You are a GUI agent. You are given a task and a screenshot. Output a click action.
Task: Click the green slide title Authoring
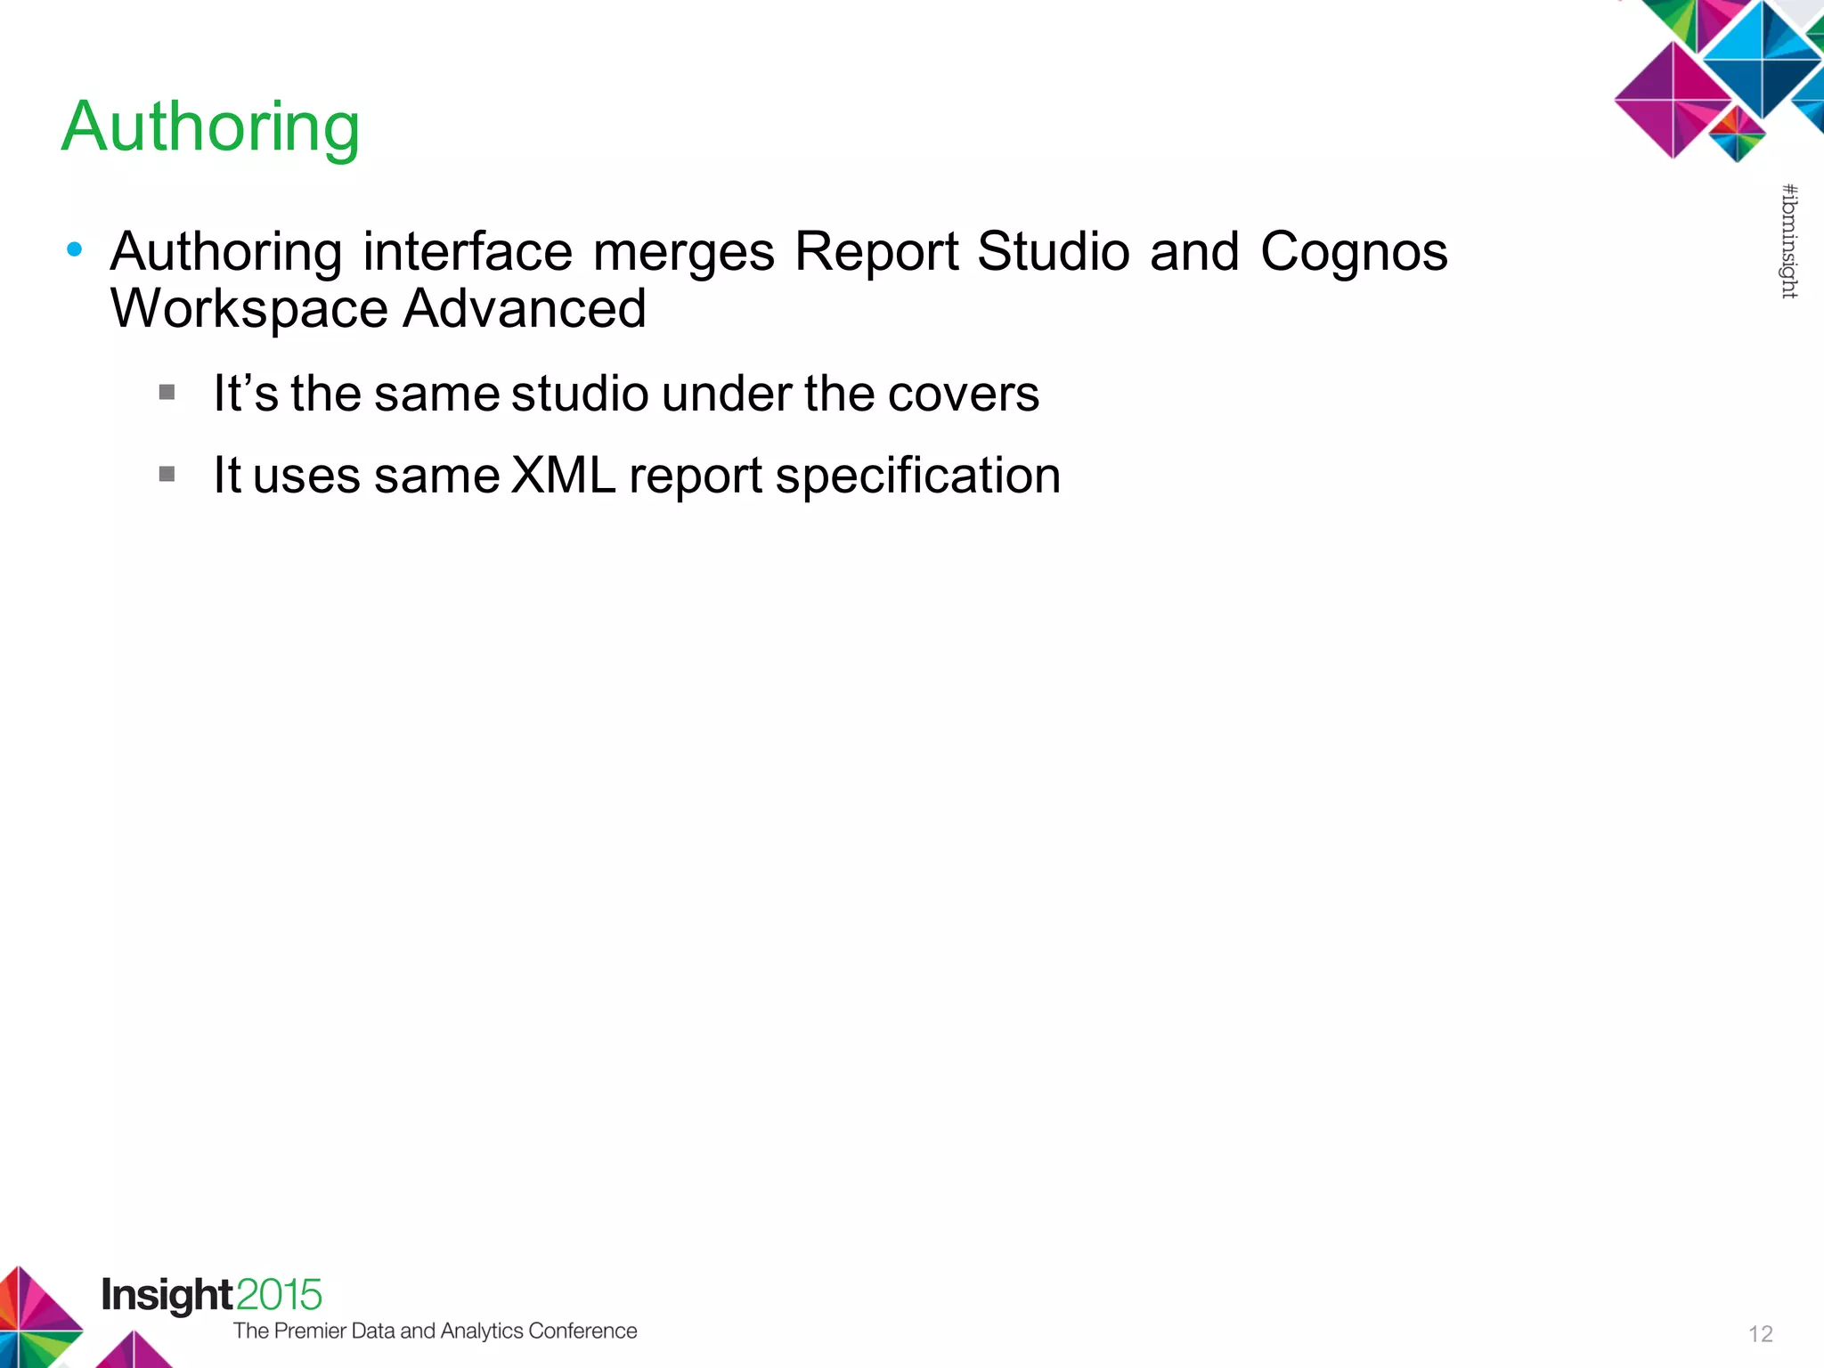[211, 127]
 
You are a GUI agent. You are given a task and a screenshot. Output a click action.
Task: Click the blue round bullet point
[75, 249]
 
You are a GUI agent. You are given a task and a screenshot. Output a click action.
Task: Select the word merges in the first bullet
[684, 252]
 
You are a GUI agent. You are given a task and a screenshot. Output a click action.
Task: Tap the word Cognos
[1354, 252]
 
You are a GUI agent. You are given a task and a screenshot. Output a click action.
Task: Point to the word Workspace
[249, 309]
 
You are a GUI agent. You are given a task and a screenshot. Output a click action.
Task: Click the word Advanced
[525, 308]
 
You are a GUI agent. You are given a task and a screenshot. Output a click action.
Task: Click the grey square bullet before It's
[167, 392]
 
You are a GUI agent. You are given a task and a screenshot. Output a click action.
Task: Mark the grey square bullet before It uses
[167, 474]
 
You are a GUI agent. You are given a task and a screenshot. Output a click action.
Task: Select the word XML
[564, 475]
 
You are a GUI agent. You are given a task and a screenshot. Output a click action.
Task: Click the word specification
[918, 476]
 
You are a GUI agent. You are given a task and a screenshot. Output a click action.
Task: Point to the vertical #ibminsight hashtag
[1789, 241]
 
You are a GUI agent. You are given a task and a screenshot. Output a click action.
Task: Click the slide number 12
[1761, 1333]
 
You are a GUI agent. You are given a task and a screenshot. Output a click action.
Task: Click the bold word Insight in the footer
[167, 1295]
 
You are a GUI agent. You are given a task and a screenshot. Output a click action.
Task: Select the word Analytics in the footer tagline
[482, 1331]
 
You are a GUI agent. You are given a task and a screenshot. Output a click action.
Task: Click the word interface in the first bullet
[468, 251]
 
